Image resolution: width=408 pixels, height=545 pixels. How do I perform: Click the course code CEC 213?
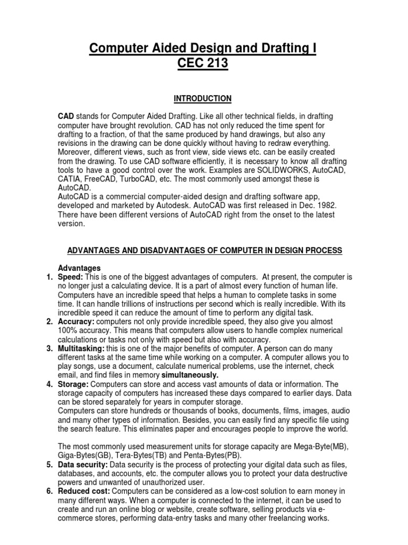coord(203,63)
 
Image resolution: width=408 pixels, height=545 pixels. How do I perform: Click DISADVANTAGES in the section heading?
coord(160,250)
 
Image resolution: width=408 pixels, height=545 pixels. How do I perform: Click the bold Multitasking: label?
coord(80,349)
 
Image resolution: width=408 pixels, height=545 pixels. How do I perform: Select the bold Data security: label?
coord(83,465)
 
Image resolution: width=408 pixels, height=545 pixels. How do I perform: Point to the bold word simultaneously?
coord(182,375)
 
